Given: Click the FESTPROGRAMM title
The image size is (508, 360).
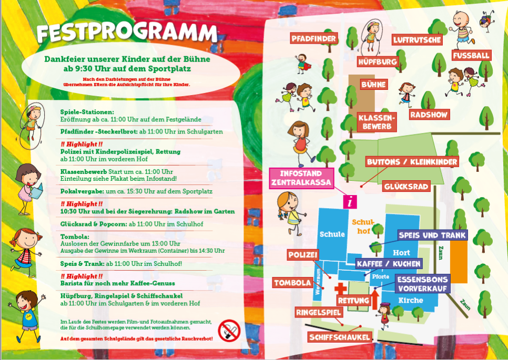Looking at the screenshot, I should click(x=127, y=33).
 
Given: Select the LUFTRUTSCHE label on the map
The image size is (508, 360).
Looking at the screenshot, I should click(x=418, y=39).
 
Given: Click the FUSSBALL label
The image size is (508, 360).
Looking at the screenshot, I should click(x=471, y=55).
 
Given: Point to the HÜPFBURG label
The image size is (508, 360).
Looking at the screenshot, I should click(x=378, y=62).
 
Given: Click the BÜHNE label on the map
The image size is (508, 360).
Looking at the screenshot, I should click(x=374, y=84).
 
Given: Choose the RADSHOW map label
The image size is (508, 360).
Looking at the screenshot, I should click(x=429, y=115).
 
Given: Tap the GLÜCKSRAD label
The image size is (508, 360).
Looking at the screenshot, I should click(x=407, y=186).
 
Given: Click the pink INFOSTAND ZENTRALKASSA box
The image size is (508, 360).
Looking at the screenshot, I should click(x=302, y=179).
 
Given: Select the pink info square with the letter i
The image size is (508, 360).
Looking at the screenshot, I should click(x=350, y=201).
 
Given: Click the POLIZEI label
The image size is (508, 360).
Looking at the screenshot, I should click(x=303, y=255).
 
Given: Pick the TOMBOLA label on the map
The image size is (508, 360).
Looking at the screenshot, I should click(x=293, y=283).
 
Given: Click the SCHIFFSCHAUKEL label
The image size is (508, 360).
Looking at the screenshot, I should click(x=340, y=337).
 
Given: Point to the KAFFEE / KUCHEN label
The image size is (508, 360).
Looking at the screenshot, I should click(x=389, y=263).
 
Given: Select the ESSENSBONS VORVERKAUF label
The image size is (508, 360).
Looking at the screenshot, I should click(x=423, y=284).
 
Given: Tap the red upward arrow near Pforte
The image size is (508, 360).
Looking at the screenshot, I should click(x=375, y=301).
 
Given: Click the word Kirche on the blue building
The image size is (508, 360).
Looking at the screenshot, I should click(x=411, y=300).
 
